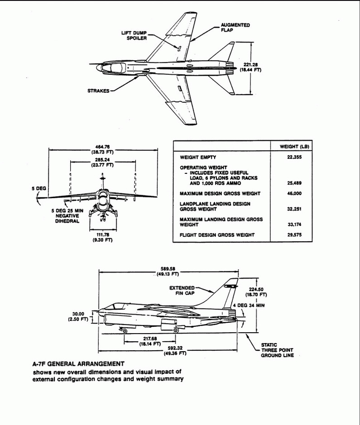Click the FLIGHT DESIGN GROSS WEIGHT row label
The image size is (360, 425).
tap(217, 234)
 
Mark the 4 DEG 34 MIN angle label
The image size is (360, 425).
tap(248, 306)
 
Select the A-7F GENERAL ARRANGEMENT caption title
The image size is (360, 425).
tap(78, 364)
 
